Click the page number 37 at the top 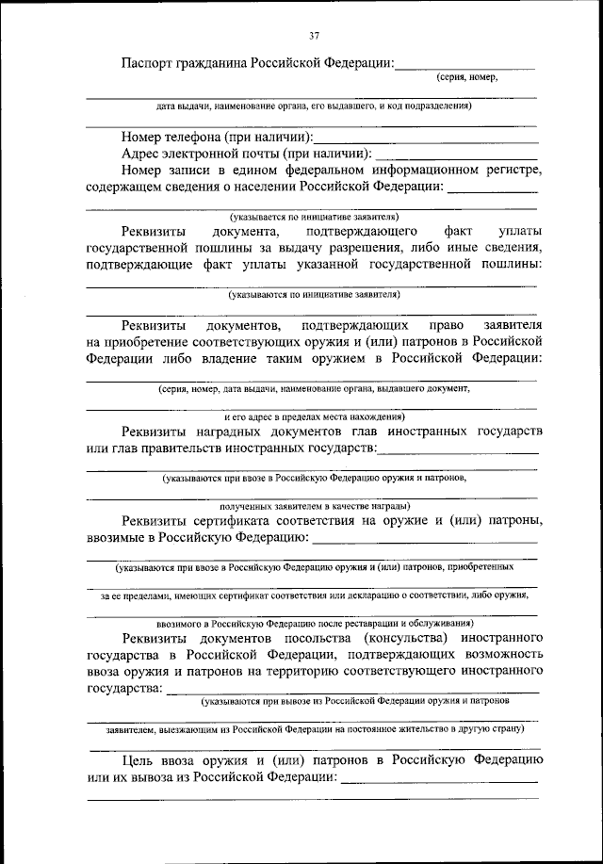click(x=314, y=36)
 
